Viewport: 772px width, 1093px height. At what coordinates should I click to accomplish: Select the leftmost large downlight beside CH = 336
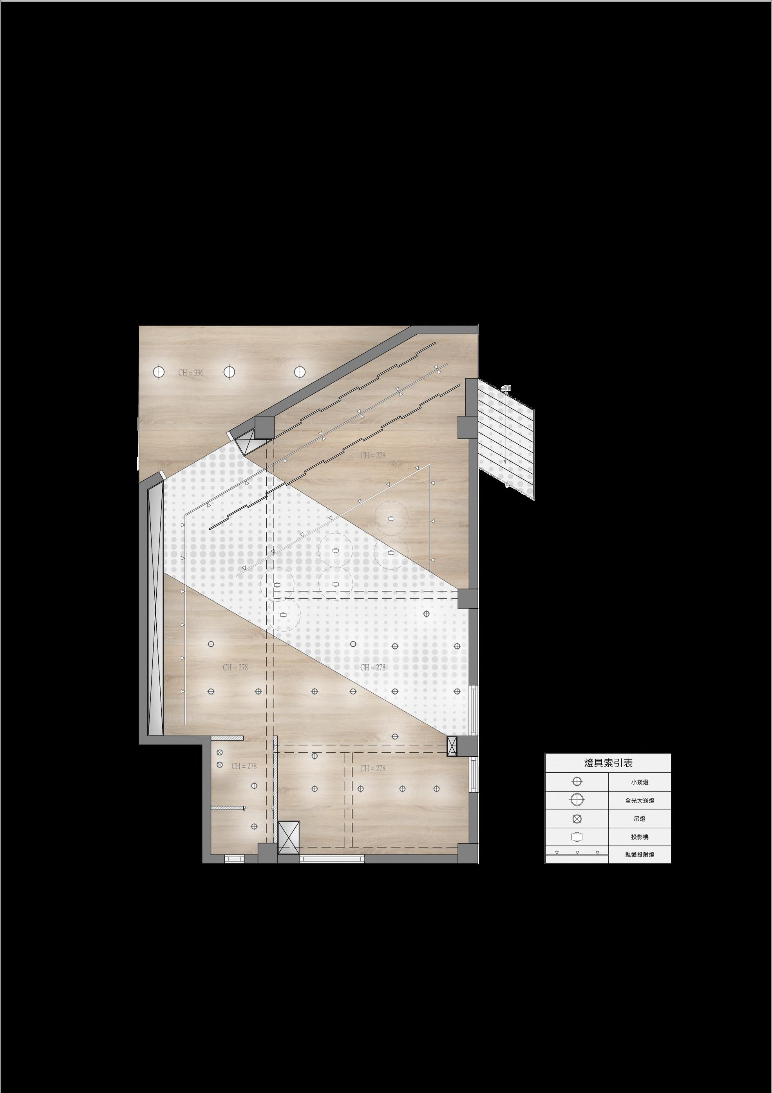click(158, 372)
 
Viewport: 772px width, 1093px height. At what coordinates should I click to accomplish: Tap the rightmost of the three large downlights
click(298, 372)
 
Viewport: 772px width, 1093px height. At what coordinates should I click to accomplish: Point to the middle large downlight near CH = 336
click(230, 372)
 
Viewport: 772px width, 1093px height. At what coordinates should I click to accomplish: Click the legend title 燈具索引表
click(608, 763)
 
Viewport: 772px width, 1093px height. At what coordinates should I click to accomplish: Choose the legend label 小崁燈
click(640, 782)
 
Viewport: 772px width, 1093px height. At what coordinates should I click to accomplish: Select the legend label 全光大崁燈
click(640, 801)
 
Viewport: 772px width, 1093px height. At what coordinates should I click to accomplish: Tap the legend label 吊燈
click(640, 819)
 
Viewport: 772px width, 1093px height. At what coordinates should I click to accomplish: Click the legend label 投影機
click(640, 837)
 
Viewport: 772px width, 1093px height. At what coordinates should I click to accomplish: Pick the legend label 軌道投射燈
click(640, 855)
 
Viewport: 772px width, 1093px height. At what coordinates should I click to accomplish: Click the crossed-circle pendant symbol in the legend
click(577, 819)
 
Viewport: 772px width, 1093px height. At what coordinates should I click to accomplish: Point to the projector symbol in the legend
click(577, 837)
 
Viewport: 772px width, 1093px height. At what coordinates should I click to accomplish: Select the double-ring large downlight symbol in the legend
click(577, 800)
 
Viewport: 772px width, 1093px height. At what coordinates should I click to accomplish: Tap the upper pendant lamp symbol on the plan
click(220, 753)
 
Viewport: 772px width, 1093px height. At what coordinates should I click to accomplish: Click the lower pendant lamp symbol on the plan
click(220, 765)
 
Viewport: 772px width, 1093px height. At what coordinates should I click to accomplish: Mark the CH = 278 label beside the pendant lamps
click(244, 766)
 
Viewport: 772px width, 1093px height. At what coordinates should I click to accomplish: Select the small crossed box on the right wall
click(452, 746)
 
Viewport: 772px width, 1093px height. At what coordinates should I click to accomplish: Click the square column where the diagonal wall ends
click(264, 427)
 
